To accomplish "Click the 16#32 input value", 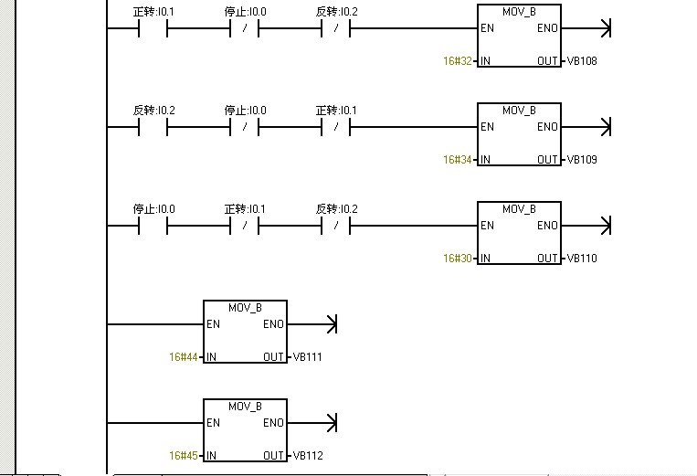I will (x=457, y=61).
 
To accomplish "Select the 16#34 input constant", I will (x=457, y=160).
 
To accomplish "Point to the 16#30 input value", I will (x=457, y=259).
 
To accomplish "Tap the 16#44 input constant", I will (x=183, y=357).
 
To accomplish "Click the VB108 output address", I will (x=582, y=61).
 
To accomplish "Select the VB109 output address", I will (x=582, y=160).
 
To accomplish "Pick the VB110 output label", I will (x=582, y=259).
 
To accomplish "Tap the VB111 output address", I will (x=308, y=357).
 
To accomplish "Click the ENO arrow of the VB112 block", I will (x=331, y=422).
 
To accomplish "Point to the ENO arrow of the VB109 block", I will (x=605, y=126).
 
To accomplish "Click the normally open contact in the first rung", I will (x=153, y=28).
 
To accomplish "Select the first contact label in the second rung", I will (x=153, y=110).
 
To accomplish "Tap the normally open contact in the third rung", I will (x=153, y=226).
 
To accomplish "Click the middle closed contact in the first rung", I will (x=245, y=28).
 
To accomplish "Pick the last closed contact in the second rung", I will (x=336, y=127).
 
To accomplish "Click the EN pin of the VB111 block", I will (x=213, y=324).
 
